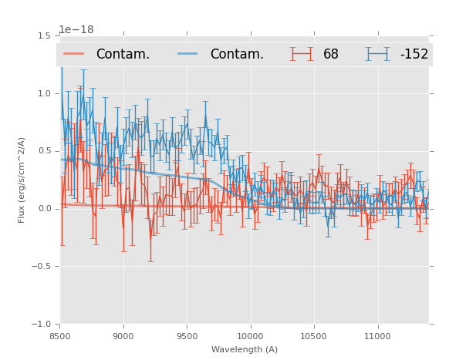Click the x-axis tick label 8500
point(60,336)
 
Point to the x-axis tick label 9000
point(123,336)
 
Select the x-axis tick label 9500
point(187,336)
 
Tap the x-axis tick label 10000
point(250,336)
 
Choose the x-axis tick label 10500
point(314,336)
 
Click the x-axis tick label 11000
point(377,336)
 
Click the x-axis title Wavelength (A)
point(245,350)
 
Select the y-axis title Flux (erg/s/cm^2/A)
point(22,180)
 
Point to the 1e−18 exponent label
point(76,30)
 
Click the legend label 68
point(331,55)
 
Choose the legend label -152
point(414,55)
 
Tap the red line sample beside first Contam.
point(75,54)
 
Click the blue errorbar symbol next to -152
point(376,54)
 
